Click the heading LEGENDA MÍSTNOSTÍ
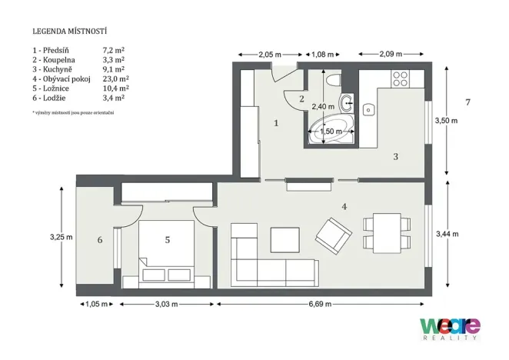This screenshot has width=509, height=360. pos(69,32)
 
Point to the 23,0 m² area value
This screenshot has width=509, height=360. pos(115,78)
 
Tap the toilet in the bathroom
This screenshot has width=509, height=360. pos(332,81)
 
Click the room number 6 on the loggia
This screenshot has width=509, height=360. pos(100,240)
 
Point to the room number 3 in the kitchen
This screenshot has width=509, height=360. pos(395,156)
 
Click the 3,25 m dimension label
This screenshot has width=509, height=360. pos(60,237)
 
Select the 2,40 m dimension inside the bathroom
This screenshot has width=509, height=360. pos(323,106)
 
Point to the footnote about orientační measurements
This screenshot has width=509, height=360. pos(73,113)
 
